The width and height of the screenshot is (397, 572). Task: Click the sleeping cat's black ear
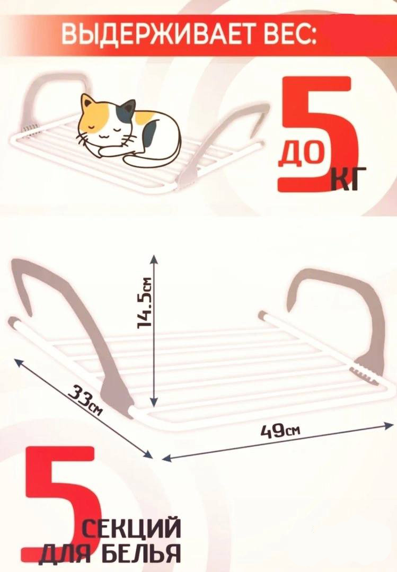click(128, 106)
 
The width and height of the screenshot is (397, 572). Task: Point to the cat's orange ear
click(87, 102)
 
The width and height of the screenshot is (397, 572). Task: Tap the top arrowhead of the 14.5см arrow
click(154, 258)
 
